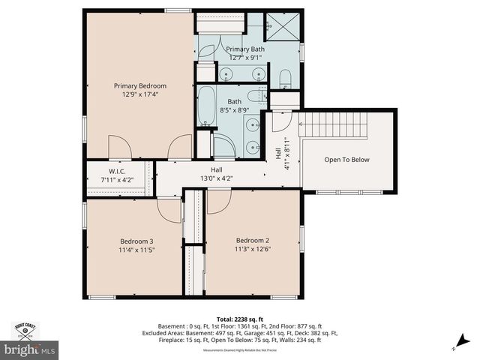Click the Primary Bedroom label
tap(140, 86)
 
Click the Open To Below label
tap(346, 160)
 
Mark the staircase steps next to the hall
tap(333, 124)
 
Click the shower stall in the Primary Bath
tap(285, 28)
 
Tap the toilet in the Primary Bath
tap(285, 78)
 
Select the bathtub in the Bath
tap(207, 105)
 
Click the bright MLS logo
tap(30, 349)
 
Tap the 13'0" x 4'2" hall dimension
tap(216, 178)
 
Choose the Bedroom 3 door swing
tap(169, 210)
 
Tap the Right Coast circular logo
tap(27, 331)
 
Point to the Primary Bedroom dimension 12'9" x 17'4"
tap(140, 95)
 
